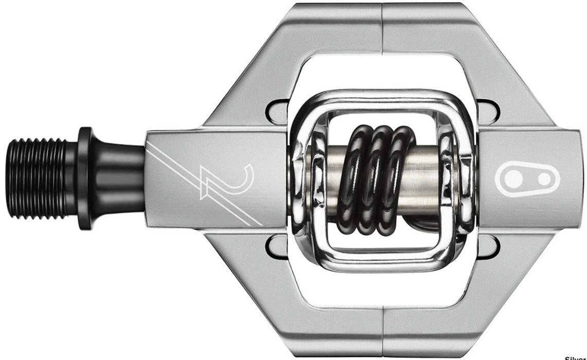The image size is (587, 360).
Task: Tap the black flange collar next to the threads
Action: point(85,178)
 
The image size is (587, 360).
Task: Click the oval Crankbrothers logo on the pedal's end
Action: point(527,178)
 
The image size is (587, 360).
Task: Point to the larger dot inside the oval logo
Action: point(513,178)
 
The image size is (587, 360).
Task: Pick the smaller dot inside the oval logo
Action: point(544,178)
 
